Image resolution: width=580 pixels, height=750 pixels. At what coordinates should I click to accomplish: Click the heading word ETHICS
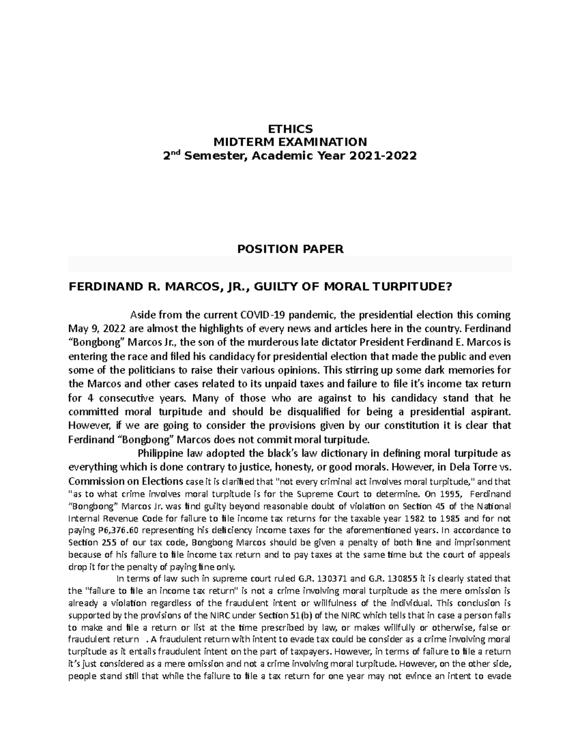[x=290, y=129]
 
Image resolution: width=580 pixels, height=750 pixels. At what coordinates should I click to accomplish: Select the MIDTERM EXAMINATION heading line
[x=290, y=142]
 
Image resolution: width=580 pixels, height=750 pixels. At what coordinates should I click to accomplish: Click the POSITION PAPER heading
[x=290, y=249]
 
